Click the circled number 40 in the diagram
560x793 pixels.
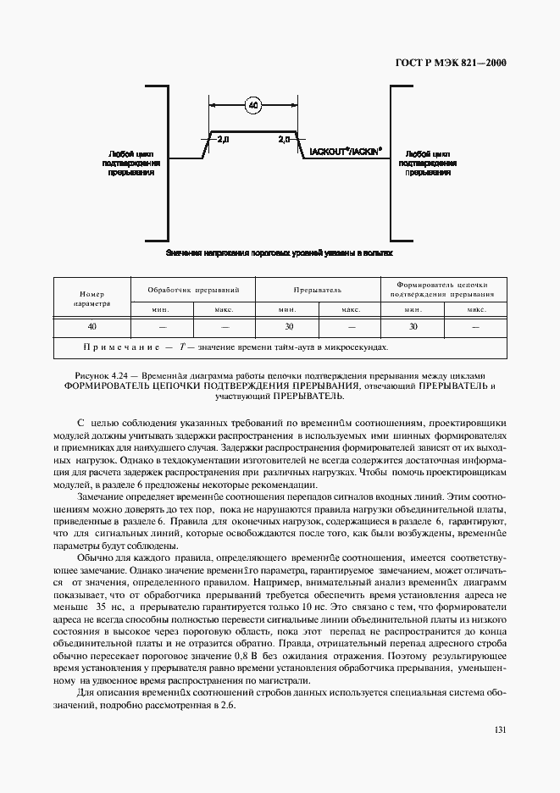[252, 106]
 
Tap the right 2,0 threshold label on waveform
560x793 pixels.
[283, 138]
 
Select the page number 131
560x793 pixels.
[499, 729]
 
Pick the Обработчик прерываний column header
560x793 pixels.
[193, 289]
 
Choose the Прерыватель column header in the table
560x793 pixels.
[319, 289]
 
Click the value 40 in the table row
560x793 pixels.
[91, 326]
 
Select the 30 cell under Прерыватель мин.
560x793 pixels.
[288, 326]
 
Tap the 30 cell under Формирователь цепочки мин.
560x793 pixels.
[413, 326]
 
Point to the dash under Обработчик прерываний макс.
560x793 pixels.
[225, 326]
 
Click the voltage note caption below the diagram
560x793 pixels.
[280, 252]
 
